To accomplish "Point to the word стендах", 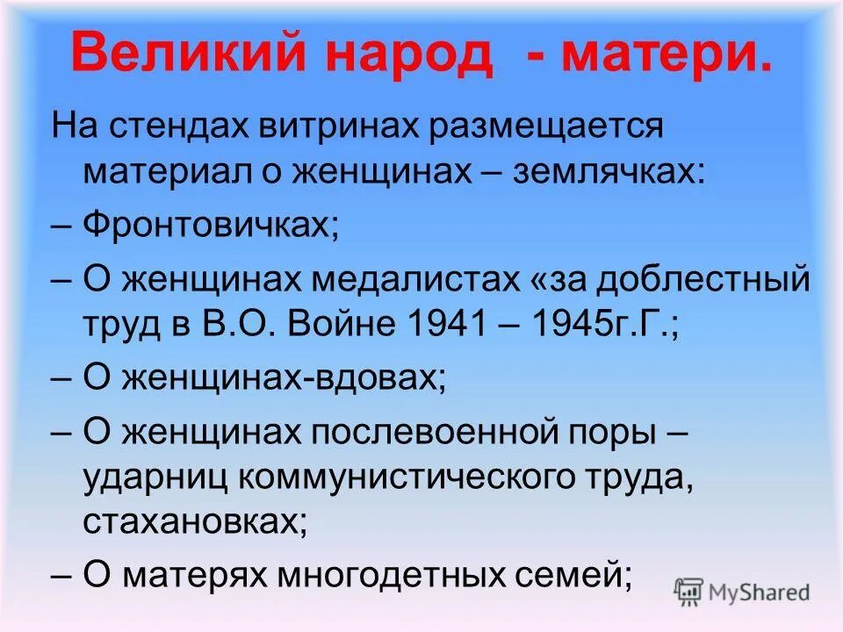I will tap(175, 127).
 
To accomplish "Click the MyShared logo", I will tap(742, 592).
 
